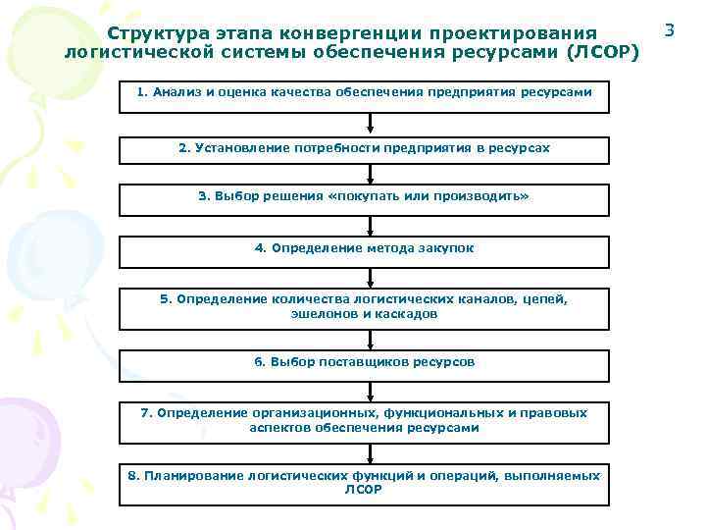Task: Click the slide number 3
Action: tap(670, 30)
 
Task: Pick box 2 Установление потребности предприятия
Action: tap(364, 149)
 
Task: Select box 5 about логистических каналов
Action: tap(364, 307)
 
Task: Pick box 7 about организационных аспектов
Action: tap(364, 421)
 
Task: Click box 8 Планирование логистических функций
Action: tap(364, 483)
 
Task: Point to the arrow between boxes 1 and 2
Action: tap(370, 125)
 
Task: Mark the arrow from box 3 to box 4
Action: tap(370, 227)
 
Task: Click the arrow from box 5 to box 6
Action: tap(370, 339)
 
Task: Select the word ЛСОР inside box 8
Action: tap(364, 489)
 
